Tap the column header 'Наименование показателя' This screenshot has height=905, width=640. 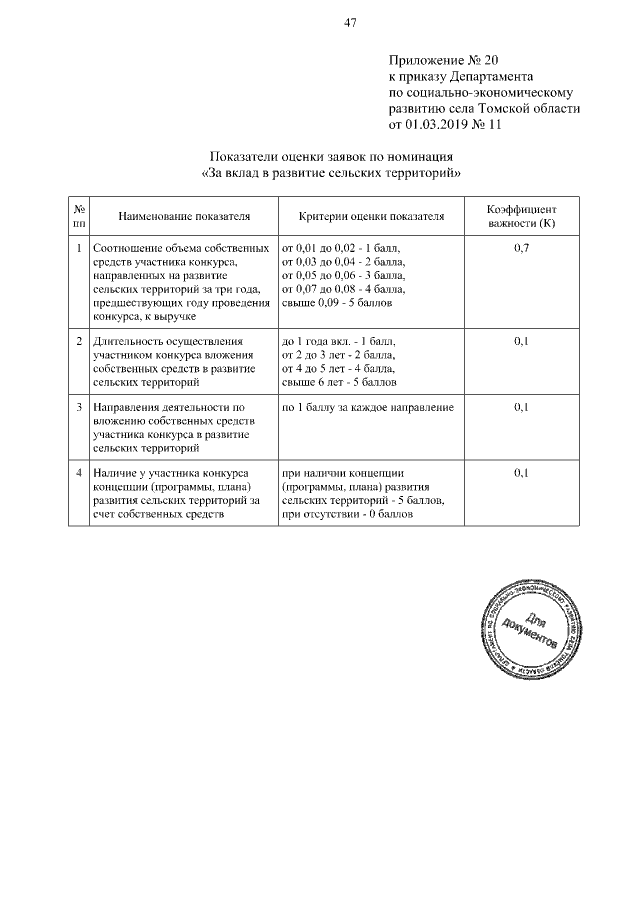(183, 215)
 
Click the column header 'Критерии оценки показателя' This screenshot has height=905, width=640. (370, 215)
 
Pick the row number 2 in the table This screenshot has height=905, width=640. (79, 341)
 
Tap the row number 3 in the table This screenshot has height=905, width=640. (79, 407)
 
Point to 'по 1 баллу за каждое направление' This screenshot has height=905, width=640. (368, 407)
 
